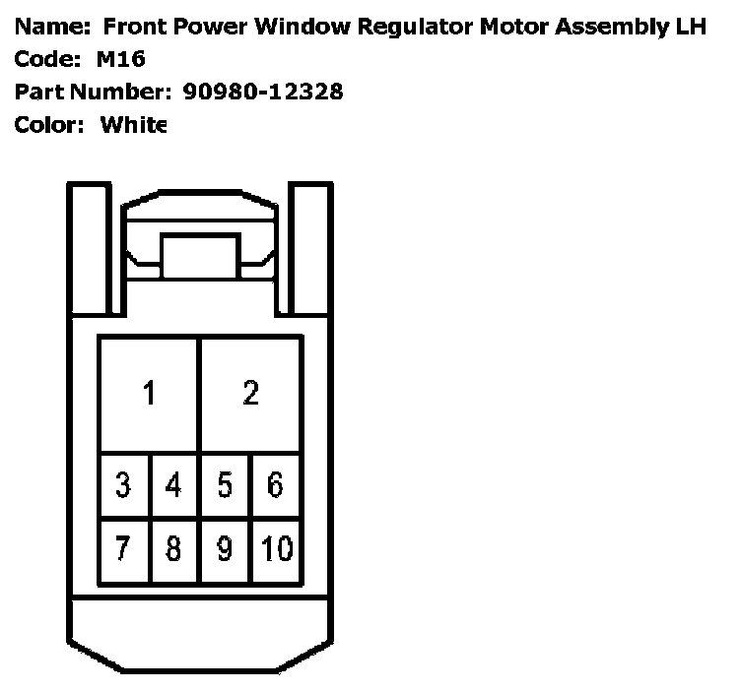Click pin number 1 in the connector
[149, 394]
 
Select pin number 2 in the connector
[251, 394]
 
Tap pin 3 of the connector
[123, 485]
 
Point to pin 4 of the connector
[173, 485]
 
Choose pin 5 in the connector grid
[225, 485]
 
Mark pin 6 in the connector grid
[276, 485]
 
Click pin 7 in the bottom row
[123, 547]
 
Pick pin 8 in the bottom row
[173, 547]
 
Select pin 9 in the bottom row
[225, 547]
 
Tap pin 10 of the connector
[276, 547]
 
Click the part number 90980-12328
[263, 93]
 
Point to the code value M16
[121, 60]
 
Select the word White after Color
[134, 125]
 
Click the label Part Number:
[94, 93]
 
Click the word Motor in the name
[513, 27]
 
